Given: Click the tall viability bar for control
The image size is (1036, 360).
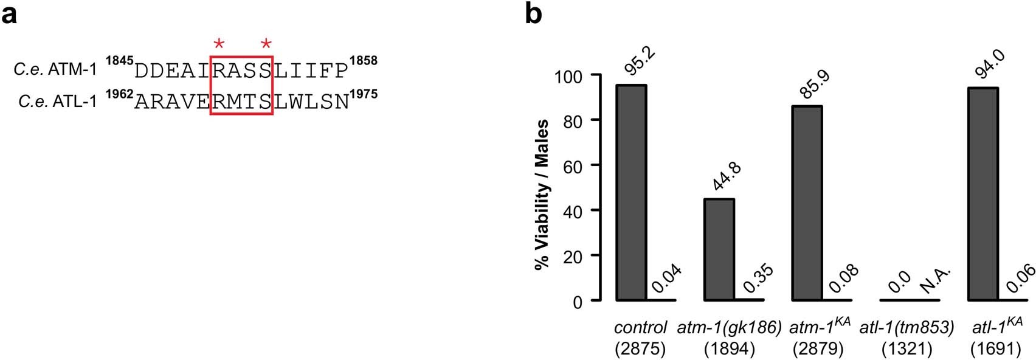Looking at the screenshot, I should click(x=631, y=192).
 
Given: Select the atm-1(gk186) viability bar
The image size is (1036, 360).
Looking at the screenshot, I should click(x=719, y=249).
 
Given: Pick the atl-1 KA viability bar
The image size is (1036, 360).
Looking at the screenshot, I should click(x=982, y=194).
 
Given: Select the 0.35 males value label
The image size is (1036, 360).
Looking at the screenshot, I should click(x=758, y=279).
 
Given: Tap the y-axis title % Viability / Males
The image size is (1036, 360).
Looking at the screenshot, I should click(x=541, y=195).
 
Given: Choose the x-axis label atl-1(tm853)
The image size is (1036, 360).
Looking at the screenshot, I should click(x=906, y=328).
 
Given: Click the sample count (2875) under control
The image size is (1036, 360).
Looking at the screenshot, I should click(x=640, y=348).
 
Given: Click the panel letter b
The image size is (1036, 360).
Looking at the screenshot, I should click(x=533, y=13).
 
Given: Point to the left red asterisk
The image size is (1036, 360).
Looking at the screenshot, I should click(x=219, y=44).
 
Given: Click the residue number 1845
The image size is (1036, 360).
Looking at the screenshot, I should click(x=119, y=61).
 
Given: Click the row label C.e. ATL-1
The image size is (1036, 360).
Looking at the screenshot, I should click(x=58, y=102).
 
